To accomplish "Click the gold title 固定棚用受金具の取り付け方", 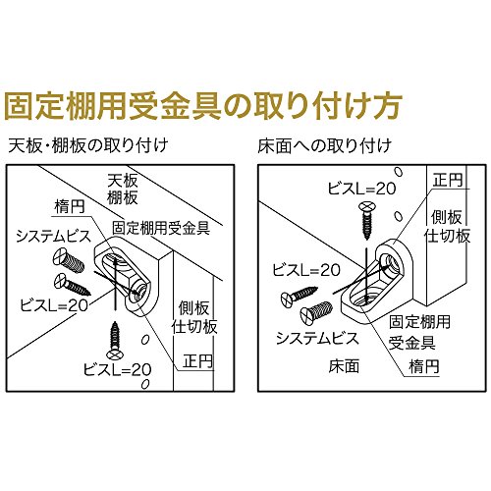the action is pyautogui.click(x=202, y=107).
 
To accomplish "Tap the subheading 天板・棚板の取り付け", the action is pyautogui.click(x=88, y=146).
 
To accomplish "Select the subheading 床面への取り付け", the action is pyautogui.click(x=325, y=146).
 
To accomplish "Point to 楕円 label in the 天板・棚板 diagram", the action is pyautogui.click(x=70, y=207).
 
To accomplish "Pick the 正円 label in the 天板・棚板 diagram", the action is pyautogui.click(x=198, y=361).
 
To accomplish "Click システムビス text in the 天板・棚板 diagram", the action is pyautogui.click(x=53, y=237).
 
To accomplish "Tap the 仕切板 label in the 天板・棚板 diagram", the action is pyautogui.click(x=194, y=326).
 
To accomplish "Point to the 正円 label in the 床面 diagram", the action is pyautogui.click(x=448, y=180).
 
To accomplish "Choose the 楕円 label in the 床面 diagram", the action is pyautogui.click(x=424, y=366).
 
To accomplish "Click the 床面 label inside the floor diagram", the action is pyautogui.click(x=344, y=366).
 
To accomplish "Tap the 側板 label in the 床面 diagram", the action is pyautogui.click(x=447, y=217).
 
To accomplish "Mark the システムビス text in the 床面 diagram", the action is pyautogui.click(x=317, y=339).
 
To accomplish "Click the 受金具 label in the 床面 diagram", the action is pyautogui.click(x=411, y=342).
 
